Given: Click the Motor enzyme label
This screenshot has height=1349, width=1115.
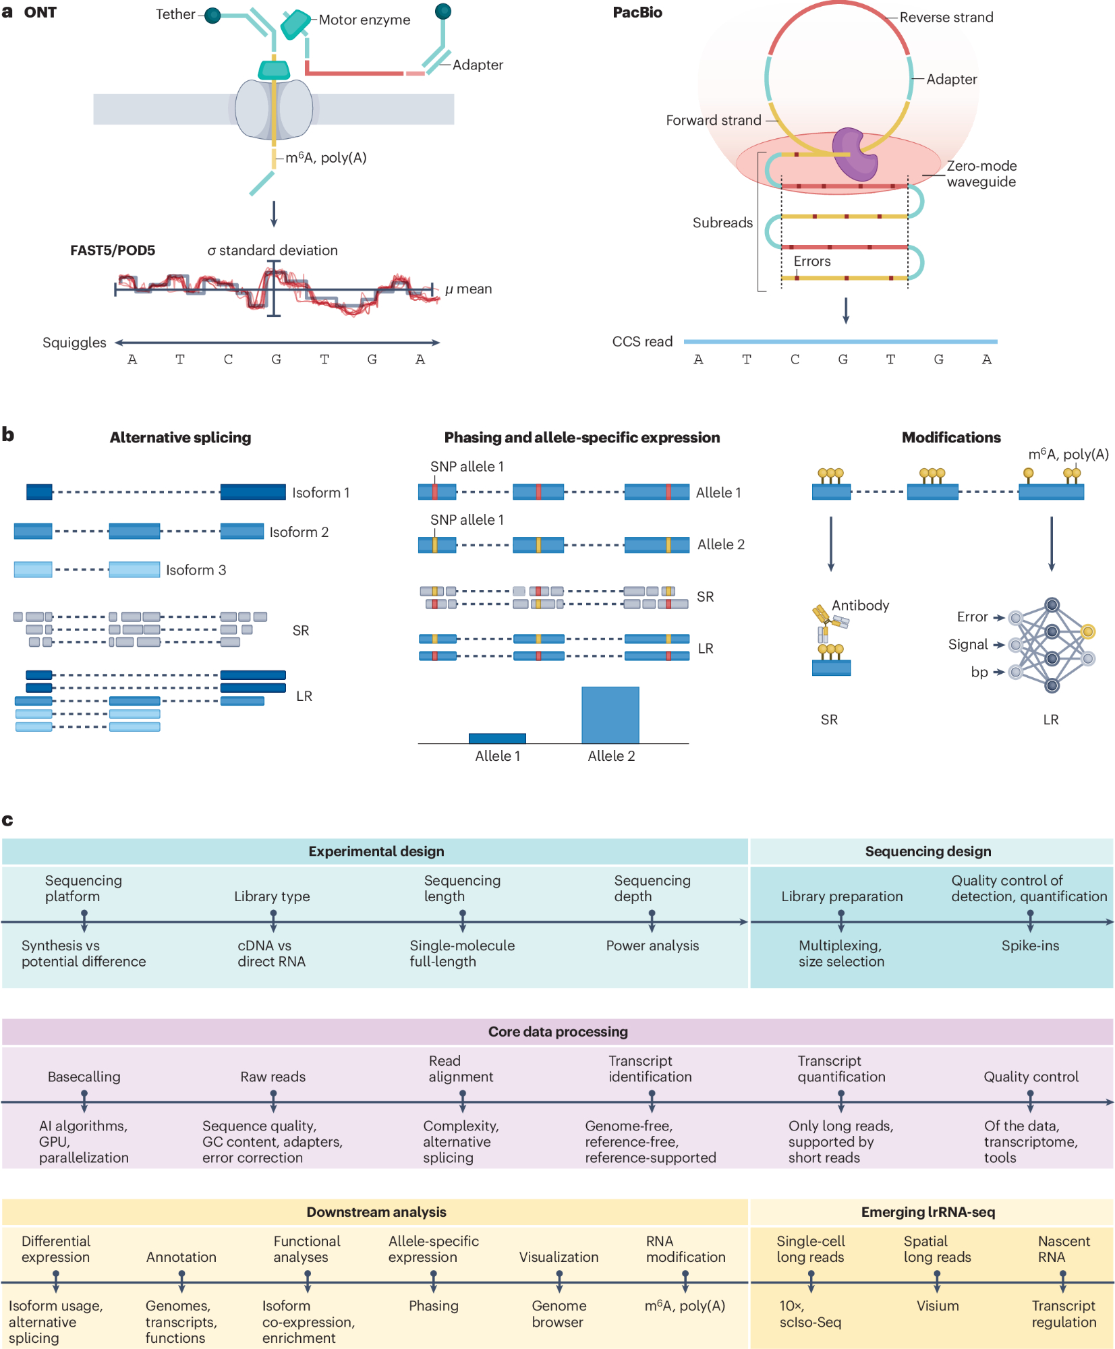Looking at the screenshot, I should click(x=364, y=20).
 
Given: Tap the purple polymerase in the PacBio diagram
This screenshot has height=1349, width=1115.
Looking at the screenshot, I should click(x=855, y=154).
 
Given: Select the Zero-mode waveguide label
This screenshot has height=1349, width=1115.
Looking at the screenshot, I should click(x=981, y=174).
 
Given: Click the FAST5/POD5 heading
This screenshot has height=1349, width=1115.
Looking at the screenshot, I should click(x=113, y=250).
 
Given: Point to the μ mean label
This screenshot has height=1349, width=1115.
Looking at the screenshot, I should click(x=469, y=289).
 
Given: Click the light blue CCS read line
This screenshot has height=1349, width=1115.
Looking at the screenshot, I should click(x=840, y=342).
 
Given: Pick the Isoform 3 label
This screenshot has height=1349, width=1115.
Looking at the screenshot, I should click(x=196, y=570).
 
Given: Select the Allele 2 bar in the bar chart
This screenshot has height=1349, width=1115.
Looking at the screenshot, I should click(x=610, y=715).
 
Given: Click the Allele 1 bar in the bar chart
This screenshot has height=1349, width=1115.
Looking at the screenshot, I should click(x=497, y=738).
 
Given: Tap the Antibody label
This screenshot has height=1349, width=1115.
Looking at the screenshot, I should click(x=860, y=605).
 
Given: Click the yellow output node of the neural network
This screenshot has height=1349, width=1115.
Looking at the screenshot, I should click(x=1087, y=631).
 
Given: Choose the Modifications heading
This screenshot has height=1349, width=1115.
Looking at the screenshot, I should click(x=951, y=438).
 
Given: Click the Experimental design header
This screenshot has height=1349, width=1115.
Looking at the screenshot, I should click(x=376, y=851).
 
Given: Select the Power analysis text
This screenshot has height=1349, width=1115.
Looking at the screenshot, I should click(x=652, y=946).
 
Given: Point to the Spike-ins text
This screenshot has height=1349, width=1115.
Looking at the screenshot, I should click(x=1030, y=946).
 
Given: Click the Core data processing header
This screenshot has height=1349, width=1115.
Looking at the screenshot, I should click(x=558, y=1031).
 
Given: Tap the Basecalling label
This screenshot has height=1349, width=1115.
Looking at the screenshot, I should click(x=84, y=1077).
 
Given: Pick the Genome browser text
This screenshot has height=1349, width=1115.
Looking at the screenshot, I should click(x=559, y=1314).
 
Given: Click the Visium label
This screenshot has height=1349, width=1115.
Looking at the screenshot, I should click(x=938, y=1306).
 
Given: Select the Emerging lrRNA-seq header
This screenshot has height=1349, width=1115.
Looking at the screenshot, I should click(x=928, y=1212).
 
